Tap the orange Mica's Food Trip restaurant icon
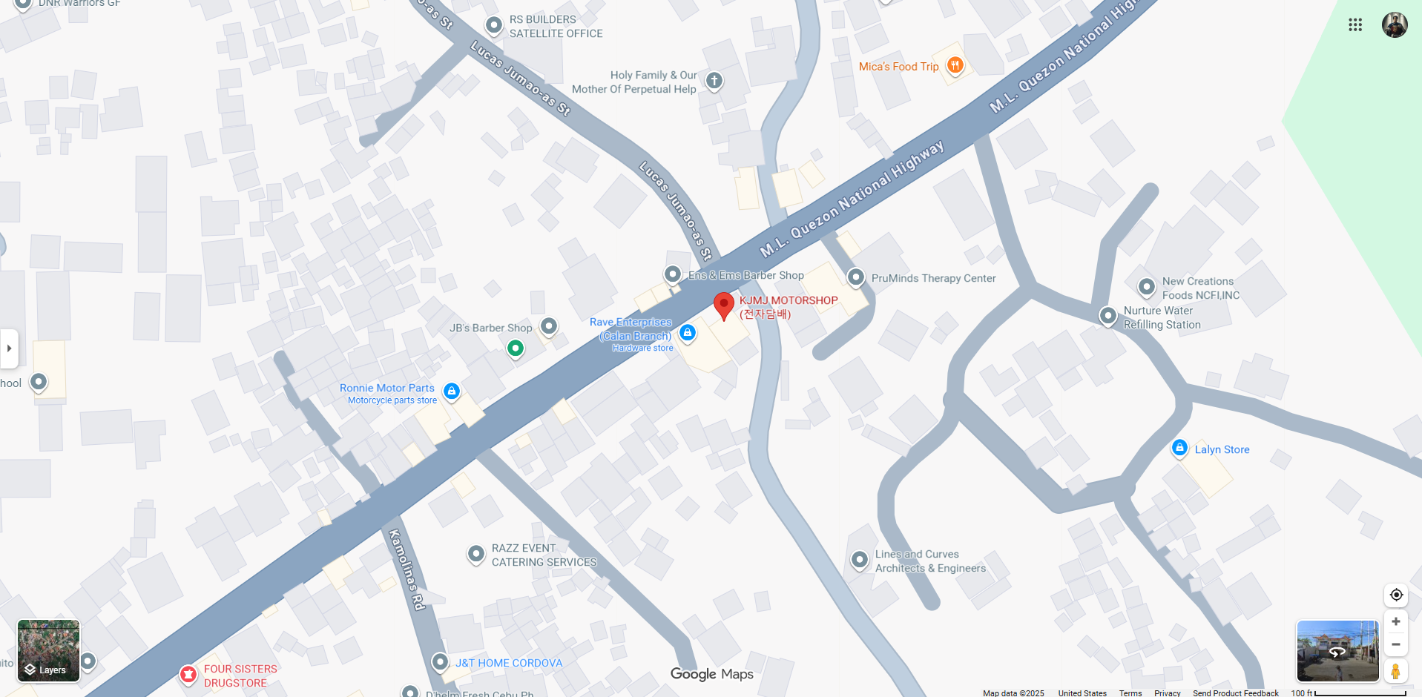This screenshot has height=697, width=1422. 955,65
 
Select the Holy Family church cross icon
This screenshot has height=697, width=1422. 714,80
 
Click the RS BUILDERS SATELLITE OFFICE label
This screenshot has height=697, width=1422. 556,27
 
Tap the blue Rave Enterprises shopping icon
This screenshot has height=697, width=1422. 688,332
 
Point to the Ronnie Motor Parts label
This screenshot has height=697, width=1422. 387,388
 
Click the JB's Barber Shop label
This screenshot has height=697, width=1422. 490,328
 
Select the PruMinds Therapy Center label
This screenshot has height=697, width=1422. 933,278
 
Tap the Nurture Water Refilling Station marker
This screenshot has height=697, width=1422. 1107,316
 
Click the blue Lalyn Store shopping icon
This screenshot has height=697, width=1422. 1179,448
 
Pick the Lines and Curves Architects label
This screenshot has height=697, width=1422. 930,561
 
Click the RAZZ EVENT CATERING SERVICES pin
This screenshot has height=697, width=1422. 475,554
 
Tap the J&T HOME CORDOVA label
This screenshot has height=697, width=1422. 509,663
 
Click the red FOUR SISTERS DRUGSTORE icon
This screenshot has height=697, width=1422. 188,674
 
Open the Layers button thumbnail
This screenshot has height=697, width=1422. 48,650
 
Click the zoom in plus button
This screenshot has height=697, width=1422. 1395,621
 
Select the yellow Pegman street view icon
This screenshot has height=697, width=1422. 1395,670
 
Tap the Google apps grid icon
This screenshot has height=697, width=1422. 1355,24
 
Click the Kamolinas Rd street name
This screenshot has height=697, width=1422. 407,569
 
